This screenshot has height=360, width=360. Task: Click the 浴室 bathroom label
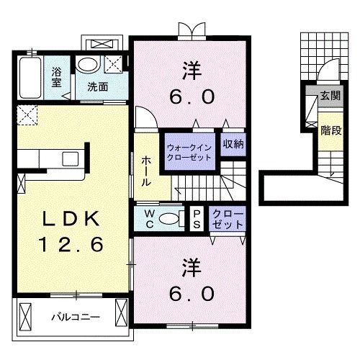pyautogui.click(x=55, y=77)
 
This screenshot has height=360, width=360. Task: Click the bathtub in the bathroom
pyautogui.click(x=30, y=78)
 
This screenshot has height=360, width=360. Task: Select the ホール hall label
pyautogui.click(x=146, y=171)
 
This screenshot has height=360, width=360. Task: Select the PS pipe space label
pyautogui.click(x=196, y=218)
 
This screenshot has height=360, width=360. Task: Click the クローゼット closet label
pyautogui.click(x=228, y=218)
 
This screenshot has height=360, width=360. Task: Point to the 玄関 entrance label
pyautogui.click(x=330, y=96)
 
